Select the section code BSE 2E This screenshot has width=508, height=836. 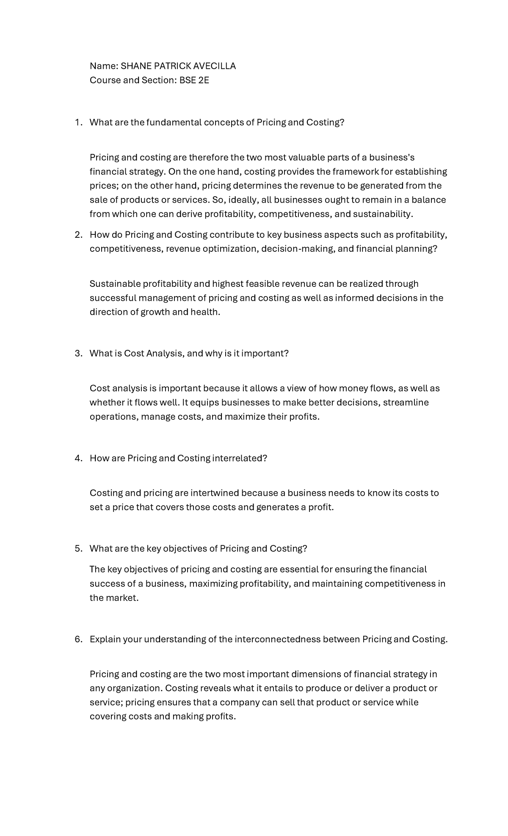[194, 80]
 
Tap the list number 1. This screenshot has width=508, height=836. [78, 122]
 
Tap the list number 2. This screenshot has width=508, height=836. [78, 235]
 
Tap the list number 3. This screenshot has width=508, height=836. [78, 353]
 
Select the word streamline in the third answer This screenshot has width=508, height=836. [406, 402]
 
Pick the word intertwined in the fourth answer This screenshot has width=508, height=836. [215, 493]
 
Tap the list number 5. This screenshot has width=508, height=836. [78, 549]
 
